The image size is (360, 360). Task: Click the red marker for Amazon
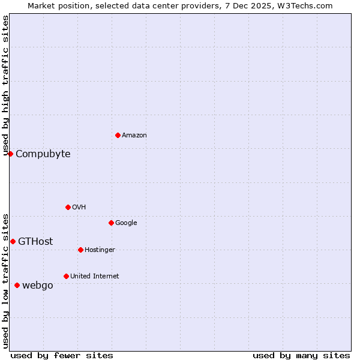tap(118, 135)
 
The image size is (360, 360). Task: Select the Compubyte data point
tap(10, 154)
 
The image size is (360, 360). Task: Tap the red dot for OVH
tap(68, 207)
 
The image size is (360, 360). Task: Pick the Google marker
tap(111, 223)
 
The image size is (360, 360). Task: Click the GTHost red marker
tap(13, 241)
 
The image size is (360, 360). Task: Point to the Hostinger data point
tap(80, 250)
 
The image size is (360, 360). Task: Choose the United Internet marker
tap(66, 276)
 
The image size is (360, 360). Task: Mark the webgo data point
tap(17, 285)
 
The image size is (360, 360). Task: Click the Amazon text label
tap(134, 136)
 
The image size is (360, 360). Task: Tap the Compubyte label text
tap(43, 154)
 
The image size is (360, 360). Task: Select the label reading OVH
tap(79, 208)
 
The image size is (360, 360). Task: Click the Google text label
tap(126, 223)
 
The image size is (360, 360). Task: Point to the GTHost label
tap(35, 242)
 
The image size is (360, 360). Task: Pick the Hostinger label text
tap(100, 250)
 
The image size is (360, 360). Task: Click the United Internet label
tap(95, 277)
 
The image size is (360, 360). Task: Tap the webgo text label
tap(38, 286)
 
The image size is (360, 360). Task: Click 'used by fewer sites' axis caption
tap(62, 355)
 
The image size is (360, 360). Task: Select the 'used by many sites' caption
tap(301, 355)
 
